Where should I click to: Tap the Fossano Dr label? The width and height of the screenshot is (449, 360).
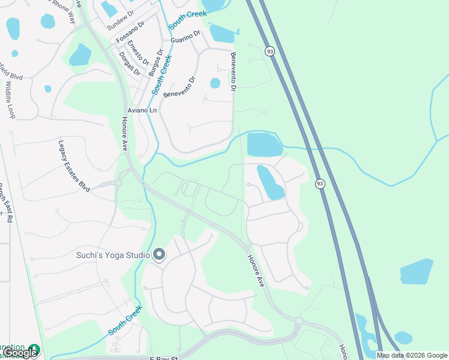(130, 34)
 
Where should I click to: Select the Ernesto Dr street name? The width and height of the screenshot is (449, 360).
(137, 53)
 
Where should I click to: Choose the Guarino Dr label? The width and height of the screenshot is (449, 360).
(185, 38)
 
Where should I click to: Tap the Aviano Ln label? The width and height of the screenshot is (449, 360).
(142, 111)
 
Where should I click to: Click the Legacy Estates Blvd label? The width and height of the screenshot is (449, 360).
(74, 166)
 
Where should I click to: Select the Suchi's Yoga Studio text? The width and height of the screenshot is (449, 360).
(112, 255)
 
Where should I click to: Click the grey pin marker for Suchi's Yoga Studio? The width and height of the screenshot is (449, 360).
(159, 255)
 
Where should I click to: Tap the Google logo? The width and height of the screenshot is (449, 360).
(20, 353)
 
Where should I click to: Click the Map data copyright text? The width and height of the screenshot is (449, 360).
(412, 355)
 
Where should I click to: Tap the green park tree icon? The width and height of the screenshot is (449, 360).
(34, 349)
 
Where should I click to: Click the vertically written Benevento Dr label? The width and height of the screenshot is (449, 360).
(234, 71)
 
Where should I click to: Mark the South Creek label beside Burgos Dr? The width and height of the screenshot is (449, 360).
(161, 75)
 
